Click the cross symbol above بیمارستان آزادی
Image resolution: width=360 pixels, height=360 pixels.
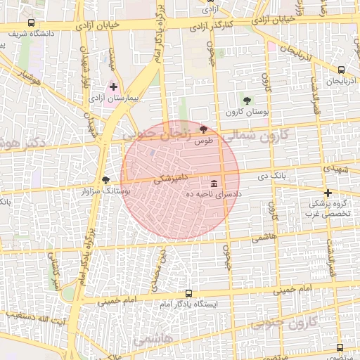[113, 87]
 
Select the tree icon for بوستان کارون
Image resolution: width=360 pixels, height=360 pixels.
[247, 101]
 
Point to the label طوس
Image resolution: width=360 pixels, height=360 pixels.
[203, 141]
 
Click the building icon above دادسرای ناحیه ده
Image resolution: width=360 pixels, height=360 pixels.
[214, 183]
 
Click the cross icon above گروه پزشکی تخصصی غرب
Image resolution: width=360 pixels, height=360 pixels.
[327, 193]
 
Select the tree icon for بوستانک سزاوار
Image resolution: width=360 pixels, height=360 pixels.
[106, 179]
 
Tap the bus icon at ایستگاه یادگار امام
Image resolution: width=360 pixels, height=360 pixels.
[188, 293]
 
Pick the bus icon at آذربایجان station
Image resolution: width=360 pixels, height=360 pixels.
[341, 70]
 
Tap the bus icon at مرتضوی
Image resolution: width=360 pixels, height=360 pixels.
[340, 347]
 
